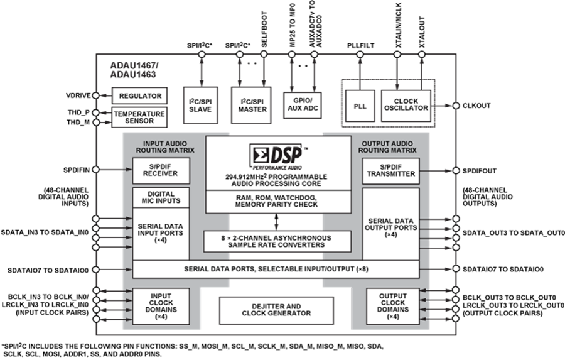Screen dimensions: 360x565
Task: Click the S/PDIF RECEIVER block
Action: tap(161, 170)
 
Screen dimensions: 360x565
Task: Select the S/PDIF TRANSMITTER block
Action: tap(390, 170)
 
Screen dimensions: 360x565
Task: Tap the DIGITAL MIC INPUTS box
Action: tap(161, 197)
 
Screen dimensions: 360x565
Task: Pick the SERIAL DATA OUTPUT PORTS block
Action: tap(390, 226)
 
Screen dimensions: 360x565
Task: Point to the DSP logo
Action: tap(277, 154)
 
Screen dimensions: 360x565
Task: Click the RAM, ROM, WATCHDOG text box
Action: tap(277, 201)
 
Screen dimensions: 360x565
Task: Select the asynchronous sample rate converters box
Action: tap(277, 241)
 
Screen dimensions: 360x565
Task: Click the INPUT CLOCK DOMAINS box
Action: tap(161, 306)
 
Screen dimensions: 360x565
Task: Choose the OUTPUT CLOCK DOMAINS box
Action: tap(393, 306)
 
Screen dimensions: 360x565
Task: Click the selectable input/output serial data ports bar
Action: tap(276, 269)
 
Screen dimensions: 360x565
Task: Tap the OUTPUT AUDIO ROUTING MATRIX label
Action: tap(388, 147)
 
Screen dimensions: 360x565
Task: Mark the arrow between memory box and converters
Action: tap(277, 222)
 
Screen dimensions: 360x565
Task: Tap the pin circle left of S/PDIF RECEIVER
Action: tap(95, 170)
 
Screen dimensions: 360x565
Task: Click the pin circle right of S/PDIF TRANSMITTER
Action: tap(456, 170)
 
